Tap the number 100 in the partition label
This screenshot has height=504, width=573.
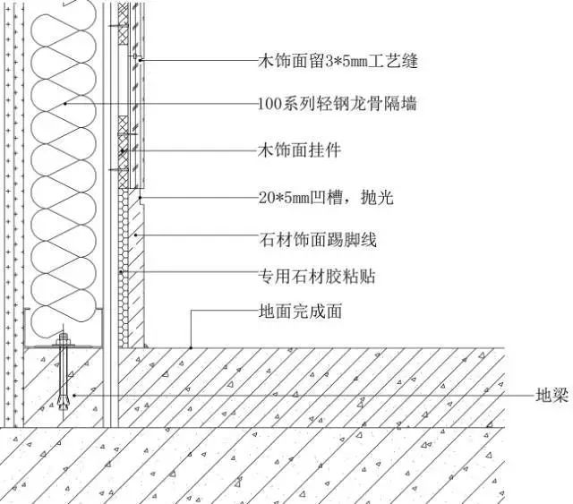pos(269,105)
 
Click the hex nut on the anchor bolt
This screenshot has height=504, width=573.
pos(64,339)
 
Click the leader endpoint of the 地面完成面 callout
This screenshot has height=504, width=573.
pos(191,346)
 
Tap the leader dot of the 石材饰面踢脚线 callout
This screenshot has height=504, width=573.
pos(135,235)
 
